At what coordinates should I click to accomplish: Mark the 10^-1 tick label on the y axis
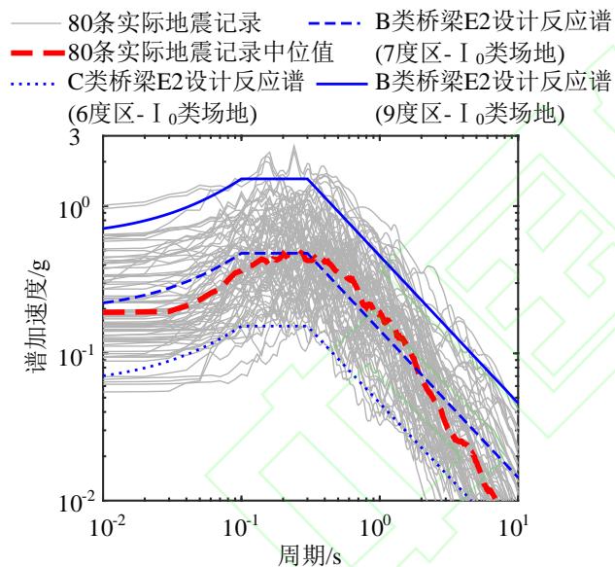point(78,356)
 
